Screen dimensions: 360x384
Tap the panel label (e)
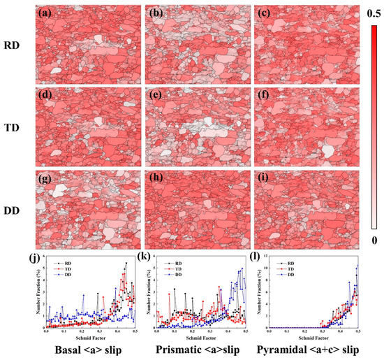tap(155, 90)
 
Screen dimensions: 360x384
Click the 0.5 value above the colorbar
tap(374, 13)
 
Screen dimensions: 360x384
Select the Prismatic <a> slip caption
tap(191, 349)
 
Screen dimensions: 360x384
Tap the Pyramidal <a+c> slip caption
tap(308, 349)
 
